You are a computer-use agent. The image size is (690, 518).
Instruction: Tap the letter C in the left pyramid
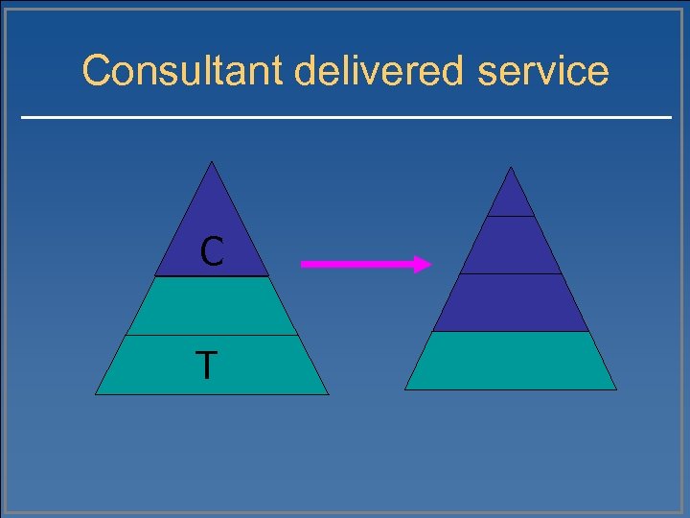[x=212, y=252]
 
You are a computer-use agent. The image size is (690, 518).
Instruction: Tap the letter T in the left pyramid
[x=206, y=365]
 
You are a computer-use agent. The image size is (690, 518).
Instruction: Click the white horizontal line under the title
[x=346, y=117]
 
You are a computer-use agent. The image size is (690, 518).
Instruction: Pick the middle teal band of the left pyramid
[x=212, y=306]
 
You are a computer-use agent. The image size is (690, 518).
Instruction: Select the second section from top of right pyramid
[x=511, y=246]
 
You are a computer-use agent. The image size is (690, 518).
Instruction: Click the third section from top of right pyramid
[x=511, y=303]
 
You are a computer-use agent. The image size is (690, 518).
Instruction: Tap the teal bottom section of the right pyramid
[x=511, y=361]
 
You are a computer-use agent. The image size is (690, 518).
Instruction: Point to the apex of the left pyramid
[x=212, y=162]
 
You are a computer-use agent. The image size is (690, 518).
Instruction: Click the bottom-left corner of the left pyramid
[x=97, y=393]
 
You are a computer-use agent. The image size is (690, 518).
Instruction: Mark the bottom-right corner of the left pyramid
[x=327, y=393]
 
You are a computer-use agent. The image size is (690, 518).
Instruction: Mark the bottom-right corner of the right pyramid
[x=615, y=388]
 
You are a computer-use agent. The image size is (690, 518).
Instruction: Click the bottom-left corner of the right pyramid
[x=406, y=388]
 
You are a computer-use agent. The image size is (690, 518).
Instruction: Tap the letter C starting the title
[x=97, y=71]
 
